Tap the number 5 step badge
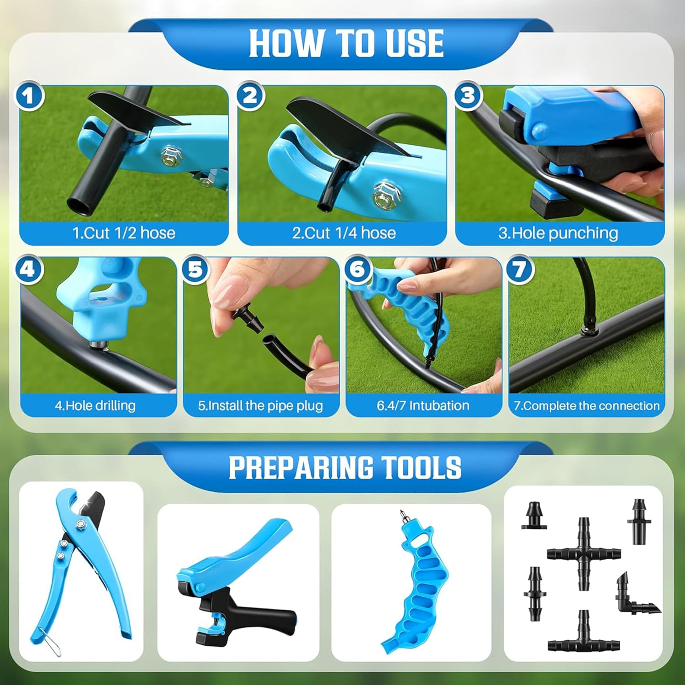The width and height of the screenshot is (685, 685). point(195,269)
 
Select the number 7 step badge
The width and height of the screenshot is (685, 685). point(519,269)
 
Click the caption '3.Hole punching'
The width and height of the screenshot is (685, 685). point(558,233)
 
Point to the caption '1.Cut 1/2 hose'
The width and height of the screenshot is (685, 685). point(124,233)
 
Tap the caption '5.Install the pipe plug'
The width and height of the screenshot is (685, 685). point(260,406)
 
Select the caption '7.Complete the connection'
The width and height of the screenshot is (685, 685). point(586,406)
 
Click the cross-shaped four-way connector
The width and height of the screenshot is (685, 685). point(584,553)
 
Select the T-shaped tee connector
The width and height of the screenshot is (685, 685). point(584,635)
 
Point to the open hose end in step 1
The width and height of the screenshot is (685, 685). point(78,205)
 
